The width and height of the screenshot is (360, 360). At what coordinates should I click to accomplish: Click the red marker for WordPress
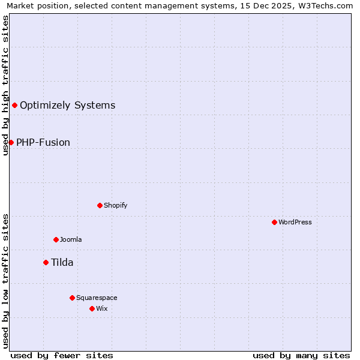tap(274, 222)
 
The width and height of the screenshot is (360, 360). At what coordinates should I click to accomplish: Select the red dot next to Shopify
tap(100, 205)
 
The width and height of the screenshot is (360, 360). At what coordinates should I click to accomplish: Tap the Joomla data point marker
tap(56, 239)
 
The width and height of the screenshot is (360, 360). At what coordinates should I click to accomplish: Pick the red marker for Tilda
tap(46, 262)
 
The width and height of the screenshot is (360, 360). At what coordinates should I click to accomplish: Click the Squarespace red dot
tap(72, 298)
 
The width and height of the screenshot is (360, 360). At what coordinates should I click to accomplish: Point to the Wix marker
tap(92, 308)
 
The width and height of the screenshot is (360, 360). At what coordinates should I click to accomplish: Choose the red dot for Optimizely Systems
tap(14, 106)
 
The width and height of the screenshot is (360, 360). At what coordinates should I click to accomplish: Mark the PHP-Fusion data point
tap(11, 142)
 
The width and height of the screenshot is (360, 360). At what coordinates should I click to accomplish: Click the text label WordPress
tap(295, 222)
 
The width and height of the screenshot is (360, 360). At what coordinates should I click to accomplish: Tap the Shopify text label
tap(115, 205)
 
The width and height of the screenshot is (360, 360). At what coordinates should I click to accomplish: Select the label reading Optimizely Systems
tap(67, 106)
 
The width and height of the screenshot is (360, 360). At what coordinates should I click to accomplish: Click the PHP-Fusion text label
tap(43, 142)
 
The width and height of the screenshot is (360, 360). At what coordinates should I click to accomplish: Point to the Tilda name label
tap(62, 262)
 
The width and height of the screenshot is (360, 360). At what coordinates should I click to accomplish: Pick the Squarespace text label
tap(97, 298)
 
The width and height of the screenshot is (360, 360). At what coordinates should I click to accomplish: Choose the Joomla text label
tap(71, 239)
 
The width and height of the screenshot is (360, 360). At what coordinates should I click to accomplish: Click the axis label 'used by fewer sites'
tap(62, 355)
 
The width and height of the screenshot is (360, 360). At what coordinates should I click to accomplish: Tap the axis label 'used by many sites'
tap(301, 355)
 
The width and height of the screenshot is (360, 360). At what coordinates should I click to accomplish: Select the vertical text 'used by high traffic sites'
tap(5, 85)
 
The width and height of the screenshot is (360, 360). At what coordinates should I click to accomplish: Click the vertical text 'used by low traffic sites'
tap(5, 280)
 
